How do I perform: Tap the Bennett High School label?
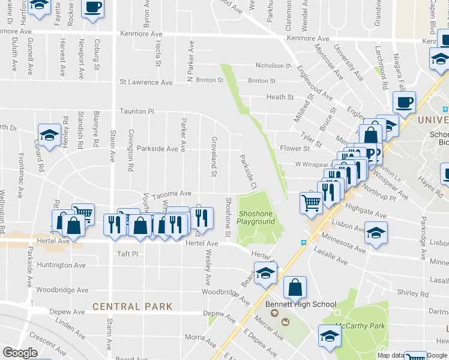coord(301,304)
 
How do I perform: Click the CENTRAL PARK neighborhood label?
coord(132,307)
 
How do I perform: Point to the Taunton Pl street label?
coord(137,112)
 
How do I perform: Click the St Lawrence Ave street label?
coord(146,82)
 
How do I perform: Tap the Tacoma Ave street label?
coord(171,193)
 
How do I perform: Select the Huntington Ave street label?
coord(61,265)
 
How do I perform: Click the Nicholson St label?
coord(273,65)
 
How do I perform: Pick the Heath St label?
coord(280,97)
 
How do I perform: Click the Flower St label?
coord(294,148)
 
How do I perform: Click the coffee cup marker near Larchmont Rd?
coord(403,102)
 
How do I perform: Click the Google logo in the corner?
coord(20,353)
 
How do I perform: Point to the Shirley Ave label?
coord(408,293)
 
